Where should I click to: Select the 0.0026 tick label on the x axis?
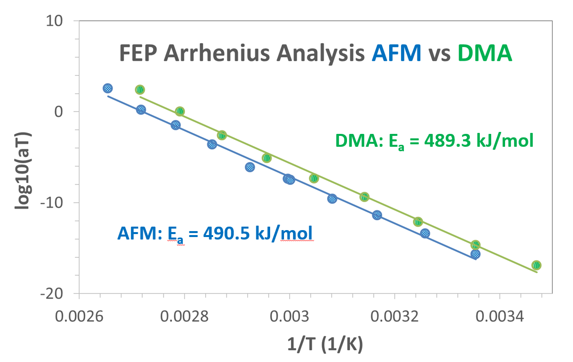79,315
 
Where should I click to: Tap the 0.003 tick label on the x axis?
289,315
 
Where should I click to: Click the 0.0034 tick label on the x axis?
500,315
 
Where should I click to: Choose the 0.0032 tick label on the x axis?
395,315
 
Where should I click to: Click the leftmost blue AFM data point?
108,88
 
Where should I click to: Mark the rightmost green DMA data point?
536,265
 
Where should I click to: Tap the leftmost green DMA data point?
140,90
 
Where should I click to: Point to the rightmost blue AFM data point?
475,254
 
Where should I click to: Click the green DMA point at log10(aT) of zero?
179,112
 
